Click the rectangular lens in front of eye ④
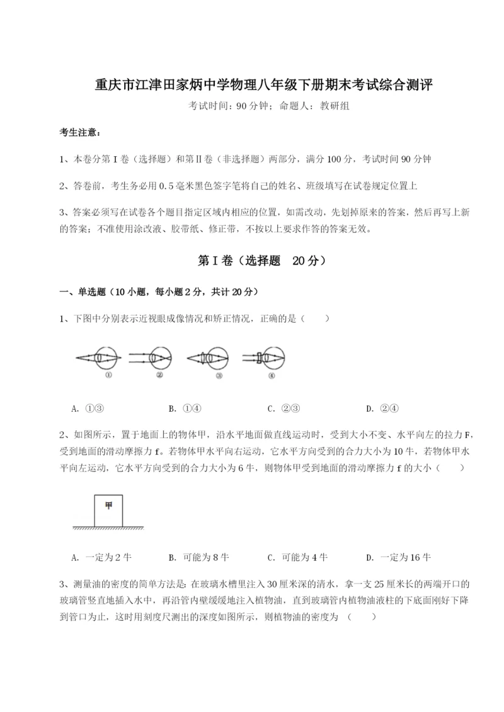click(259, 358)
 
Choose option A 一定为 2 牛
click(101, 557)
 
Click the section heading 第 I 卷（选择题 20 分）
click(252, 261)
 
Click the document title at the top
click(252, 85)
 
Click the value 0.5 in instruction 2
click(167, 186)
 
